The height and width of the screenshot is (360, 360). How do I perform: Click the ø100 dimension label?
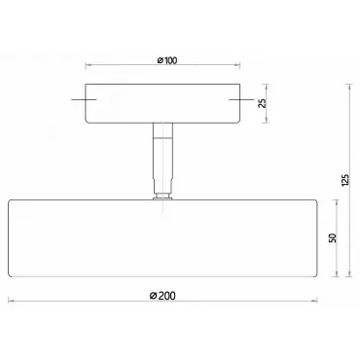(167, 60)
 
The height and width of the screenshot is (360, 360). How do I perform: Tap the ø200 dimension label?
(162, 296)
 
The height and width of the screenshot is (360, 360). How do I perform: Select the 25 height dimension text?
(264, 103)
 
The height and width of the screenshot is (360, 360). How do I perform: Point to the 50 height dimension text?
(333, 237)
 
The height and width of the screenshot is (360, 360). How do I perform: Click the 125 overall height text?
(345, 180)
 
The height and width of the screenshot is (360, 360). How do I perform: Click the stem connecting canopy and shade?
(162, 159)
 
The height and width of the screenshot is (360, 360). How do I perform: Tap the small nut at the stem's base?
(162, 197)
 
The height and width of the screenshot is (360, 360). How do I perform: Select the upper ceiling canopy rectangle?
(162, 103)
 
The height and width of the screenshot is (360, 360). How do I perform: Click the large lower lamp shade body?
(162, 238)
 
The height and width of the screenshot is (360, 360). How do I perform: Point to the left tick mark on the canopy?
(84, 99)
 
